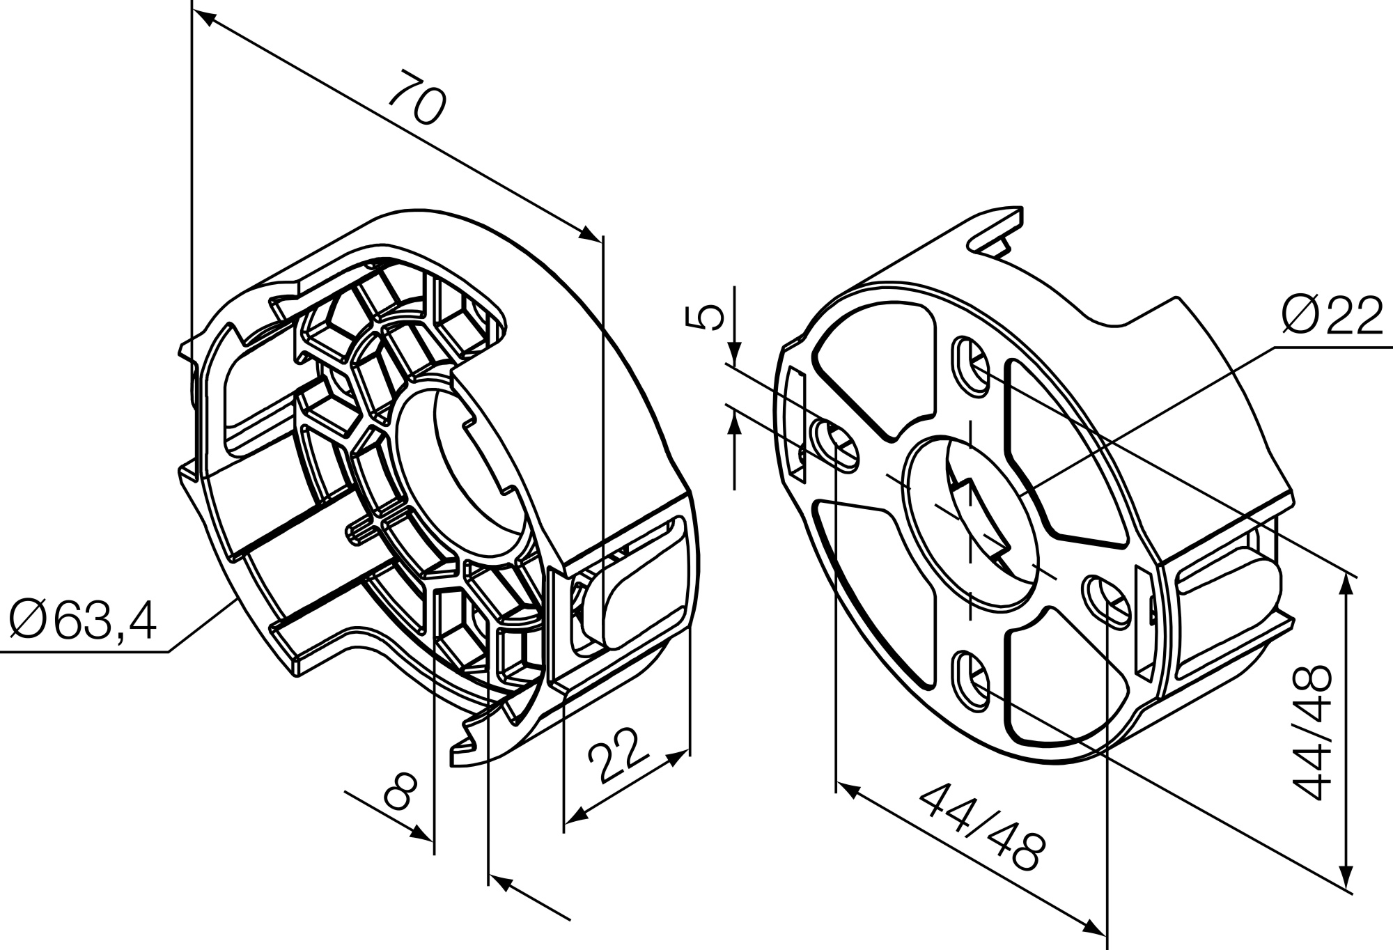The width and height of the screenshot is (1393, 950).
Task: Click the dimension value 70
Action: click(x=416, y=96)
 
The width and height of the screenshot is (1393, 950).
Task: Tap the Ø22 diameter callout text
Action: click(x=1331, y=316)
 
